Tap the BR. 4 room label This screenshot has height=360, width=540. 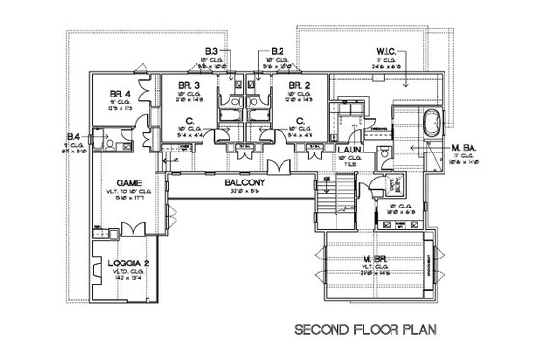[121, 94]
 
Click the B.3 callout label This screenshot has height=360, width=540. [213, 50]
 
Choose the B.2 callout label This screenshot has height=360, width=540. [278, 50]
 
